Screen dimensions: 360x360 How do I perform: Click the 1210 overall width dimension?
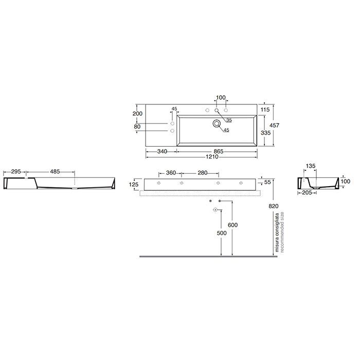pyautogui.click(x=212, y=157)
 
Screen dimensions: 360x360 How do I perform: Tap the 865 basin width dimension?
pyautogui.click(x=219, y=152)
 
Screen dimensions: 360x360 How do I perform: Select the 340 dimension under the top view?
pyautogui.click(x=162, y=152)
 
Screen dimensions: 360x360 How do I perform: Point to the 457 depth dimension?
pyautogui.click(x=274, y=125)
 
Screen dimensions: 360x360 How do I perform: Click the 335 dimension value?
pyautogui.click(x=266, y=133)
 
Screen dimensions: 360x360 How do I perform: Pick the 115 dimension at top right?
pyautogui.click(x=265, y=110)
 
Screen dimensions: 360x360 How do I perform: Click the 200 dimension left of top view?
pyautogui.click(x=137, y=114)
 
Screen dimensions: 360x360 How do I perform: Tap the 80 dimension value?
pyautogui.click(x=137, y=127)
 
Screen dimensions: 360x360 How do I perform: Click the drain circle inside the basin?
pyautogui.click(x=217, y=124)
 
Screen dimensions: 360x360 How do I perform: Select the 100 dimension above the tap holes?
pyautogui.click(x=221, y=98)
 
